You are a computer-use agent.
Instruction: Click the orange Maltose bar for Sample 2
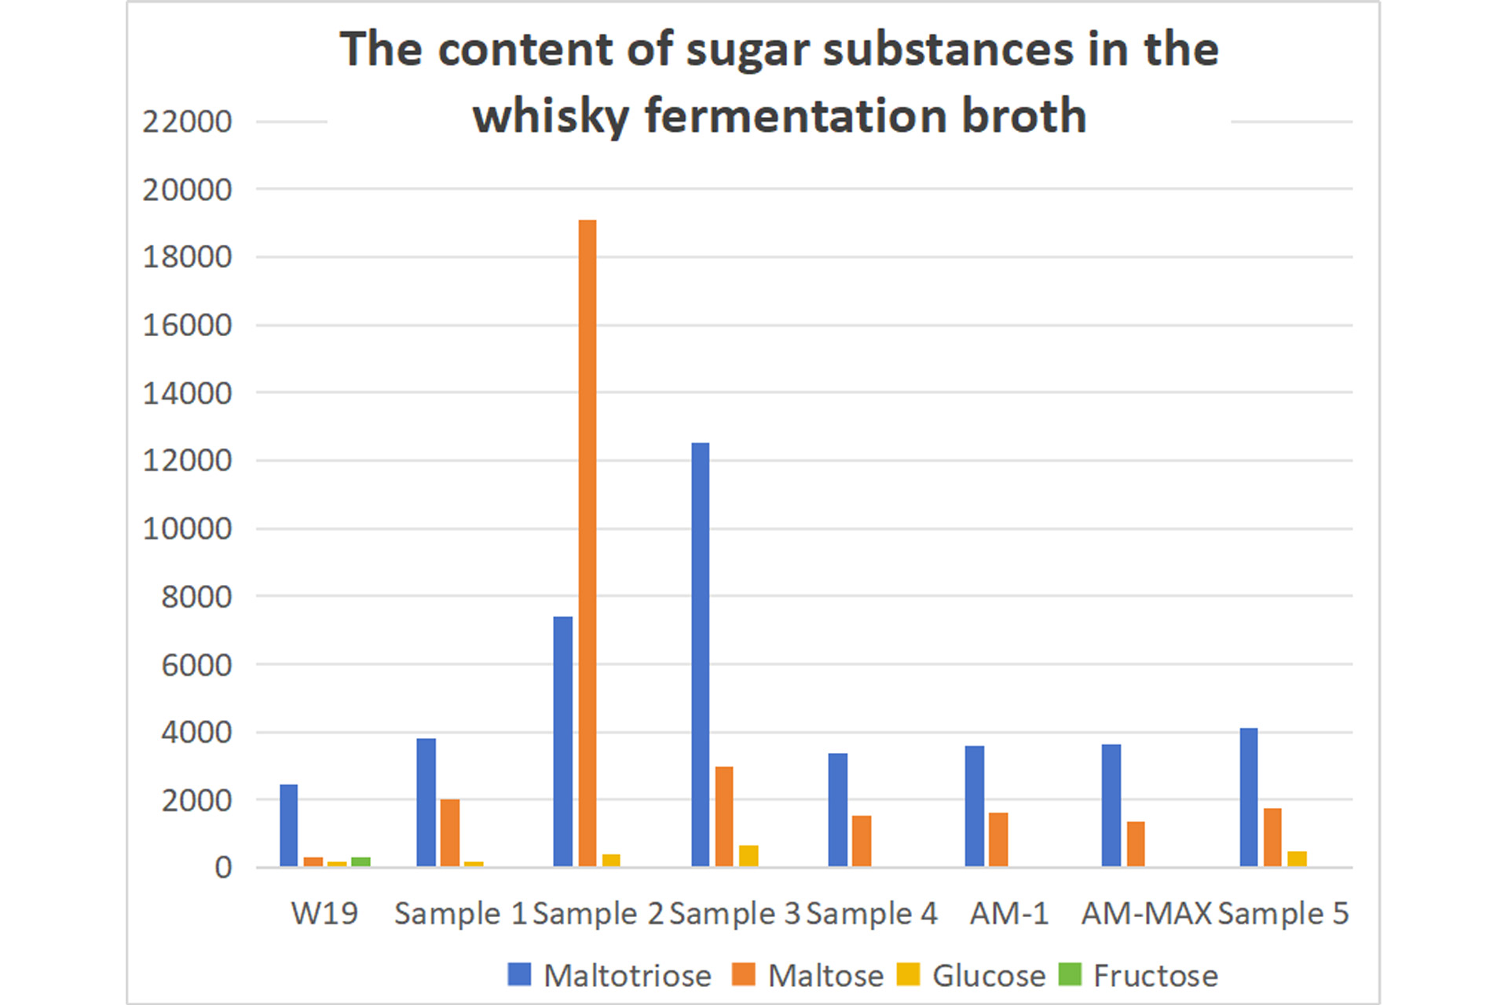click(x=587, y=542)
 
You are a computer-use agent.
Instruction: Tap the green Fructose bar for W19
click(x=361, y=861)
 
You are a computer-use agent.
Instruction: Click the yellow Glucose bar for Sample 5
click(x=1297, y=858)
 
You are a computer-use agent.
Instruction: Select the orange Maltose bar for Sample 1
click(x=450, y=832)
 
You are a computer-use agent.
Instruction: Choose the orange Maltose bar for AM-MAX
click(x=1135, y=843)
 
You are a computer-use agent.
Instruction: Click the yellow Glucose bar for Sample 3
click(x=749, y=855)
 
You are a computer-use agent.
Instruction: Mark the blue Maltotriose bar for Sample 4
click(x=837, y=809)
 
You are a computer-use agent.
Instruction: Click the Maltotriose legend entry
click(x=609, y=975)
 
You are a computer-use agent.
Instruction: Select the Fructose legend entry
click(x=1138, y=975)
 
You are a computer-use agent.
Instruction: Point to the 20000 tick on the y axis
click(x=187, y=189)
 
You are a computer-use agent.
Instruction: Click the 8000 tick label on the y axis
click(x=196, y=597)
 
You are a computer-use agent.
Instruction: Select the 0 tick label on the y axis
click(x=223, y=868)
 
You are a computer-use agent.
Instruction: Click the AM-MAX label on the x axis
click(x=1146, y=913)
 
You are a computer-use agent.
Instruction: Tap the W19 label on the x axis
click(x=324, y=913)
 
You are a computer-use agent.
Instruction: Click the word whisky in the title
click(x=550, y=116)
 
